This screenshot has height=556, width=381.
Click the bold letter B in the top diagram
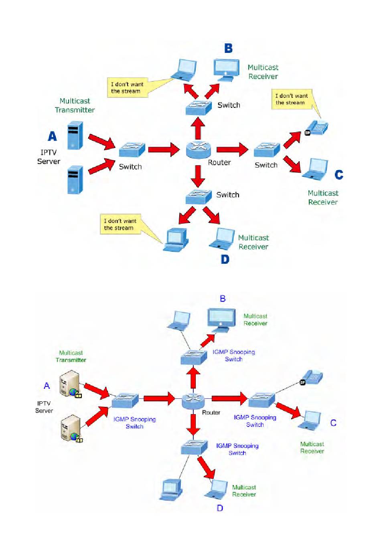tap(228, 48)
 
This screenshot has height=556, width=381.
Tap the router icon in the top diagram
tap(199, 150)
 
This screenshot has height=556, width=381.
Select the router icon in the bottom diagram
tap(193, 400)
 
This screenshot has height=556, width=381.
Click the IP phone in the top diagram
tap(316, 128)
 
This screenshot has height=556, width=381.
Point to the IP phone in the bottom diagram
tap(312, 378)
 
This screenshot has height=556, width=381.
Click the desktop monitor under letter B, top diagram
tap(227, 70)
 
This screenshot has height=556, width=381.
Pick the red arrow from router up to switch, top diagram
tap(198, 128)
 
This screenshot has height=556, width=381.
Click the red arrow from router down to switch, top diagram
tap(198, 176)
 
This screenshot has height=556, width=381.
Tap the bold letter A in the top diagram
tap(53, 136)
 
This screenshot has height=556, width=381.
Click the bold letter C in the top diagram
tap(339, 174)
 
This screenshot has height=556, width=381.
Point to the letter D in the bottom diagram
tap(220, 508)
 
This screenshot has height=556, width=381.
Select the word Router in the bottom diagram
tap(211, 412)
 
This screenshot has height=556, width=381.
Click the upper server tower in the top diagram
tap(75, 135)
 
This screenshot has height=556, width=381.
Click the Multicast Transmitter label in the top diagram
tap(75, 105)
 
